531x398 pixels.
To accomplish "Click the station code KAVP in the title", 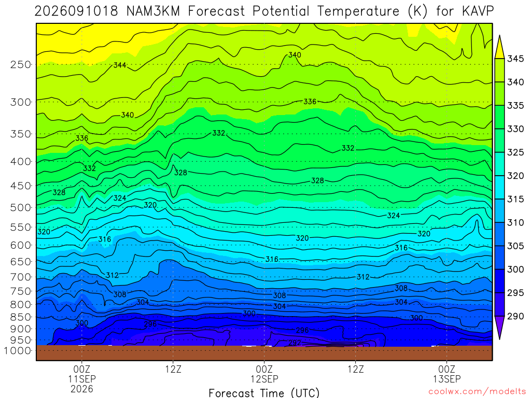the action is [x=478, y=11].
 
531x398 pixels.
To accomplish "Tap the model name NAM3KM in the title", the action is [x=153, y=11].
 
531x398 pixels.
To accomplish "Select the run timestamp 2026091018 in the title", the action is [x=76, y=11].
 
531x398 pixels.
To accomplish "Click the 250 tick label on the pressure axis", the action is [x=21, y=64].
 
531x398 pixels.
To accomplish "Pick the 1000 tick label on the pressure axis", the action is [x=17, y=351].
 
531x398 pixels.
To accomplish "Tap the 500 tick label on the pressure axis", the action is [x=21, y=207].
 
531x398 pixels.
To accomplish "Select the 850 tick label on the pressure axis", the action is [x=21, y=317].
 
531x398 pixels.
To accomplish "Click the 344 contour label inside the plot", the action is [x=120, y=65].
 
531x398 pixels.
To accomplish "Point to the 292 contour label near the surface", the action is [x=295, y=343].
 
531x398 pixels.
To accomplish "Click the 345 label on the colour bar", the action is [x=515, y=59].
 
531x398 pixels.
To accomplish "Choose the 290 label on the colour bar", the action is [x=515, y=316].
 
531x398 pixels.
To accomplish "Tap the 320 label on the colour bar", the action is [x=515, y=176].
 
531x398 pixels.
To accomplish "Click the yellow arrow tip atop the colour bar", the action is [x=499, y=35].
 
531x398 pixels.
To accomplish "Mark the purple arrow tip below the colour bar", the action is [x=499, y=339].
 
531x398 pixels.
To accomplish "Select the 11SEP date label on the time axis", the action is [x=82, y=379].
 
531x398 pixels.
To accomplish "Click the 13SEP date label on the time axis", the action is [x=446, y=379].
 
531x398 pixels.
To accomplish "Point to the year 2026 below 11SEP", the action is [x=82, y=389].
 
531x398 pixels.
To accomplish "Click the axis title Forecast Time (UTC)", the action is [x=264, y=393].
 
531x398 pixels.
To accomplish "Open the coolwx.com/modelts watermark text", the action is [x=477, y=392].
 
